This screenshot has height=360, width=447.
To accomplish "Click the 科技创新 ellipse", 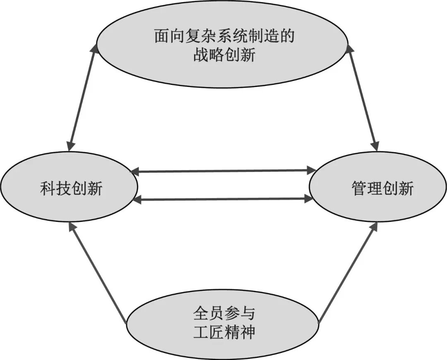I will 68,207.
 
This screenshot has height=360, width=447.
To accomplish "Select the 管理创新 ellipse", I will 377,207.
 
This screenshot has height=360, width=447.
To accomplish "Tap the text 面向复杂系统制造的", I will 224,36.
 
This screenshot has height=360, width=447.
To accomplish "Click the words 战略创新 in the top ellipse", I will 224,56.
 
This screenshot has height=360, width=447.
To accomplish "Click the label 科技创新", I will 71,189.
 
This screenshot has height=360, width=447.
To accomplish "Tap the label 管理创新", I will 382,189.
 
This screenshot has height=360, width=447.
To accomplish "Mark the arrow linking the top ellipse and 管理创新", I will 363,97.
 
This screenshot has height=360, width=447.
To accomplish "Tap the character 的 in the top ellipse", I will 286,36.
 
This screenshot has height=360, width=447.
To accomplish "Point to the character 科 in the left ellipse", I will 48,189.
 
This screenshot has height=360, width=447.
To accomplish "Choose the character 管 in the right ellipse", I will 359,189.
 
